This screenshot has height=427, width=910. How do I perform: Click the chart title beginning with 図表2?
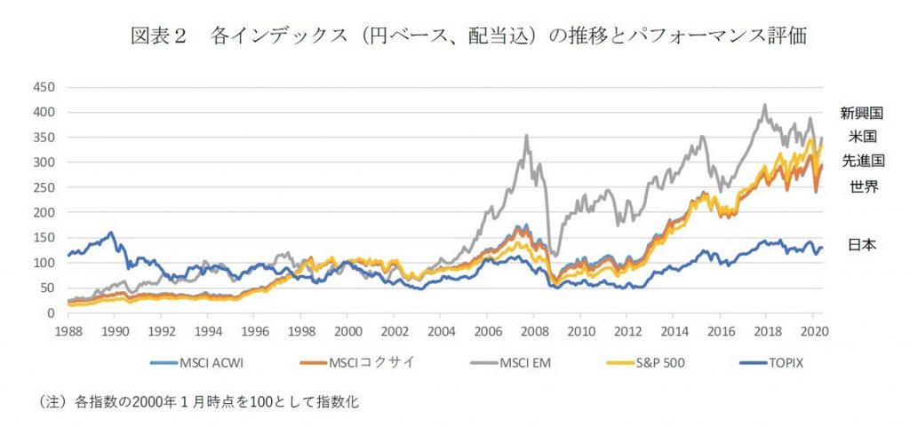[x=467, y=36]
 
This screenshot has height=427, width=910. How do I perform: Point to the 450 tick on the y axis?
[x=43, y=87]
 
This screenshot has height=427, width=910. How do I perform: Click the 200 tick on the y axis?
[x=43, y=213]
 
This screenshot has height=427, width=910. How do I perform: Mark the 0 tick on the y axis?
[x=51, y=313]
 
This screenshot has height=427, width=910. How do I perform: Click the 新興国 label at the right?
[x=861, y=113]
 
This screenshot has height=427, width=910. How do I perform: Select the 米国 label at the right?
[x=861, y=137]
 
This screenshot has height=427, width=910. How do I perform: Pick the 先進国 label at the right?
[x=861, y=161]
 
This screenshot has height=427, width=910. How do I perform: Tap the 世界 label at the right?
[x=861, y=186]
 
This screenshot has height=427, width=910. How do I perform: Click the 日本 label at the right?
[x=861, y=244]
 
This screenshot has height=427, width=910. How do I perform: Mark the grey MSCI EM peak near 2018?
[x=765, y=105]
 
